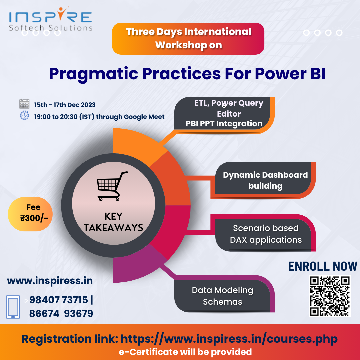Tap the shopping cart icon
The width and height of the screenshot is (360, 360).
[x=112, y=186]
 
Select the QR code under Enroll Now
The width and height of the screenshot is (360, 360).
[x=330, y=296]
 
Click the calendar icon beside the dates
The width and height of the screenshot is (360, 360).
[x=24, y=104]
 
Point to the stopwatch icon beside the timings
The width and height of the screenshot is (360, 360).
[x=24, y=115]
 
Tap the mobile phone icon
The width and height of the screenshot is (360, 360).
[x=13, y=307]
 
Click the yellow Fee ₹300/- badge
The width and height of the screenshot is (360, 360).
[x=30, y=214]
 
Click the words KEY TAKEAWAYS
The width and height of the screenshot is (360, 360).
[x=113, y=222]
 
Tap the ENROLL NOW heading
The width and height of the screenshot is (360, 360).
[x=323, y=266]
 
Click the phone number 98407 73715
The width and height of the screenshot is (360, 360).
[x=59, y=300]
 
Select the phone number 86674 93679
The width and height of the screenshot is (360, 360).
[x=61, y=313]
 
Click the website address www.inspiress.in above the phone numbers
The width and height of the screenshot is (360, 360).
[x=50, y=281]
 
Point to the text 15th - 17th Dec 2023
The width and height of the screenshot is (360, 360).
[x=65, y=105]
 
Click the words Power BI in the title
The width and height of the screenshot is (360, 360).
[x=290, y=73]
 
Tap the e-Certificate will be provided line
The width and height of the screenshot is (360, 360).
[x=185, y=352]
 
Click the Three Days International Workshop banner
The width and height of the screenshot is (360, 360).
[x=188, y=39]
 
